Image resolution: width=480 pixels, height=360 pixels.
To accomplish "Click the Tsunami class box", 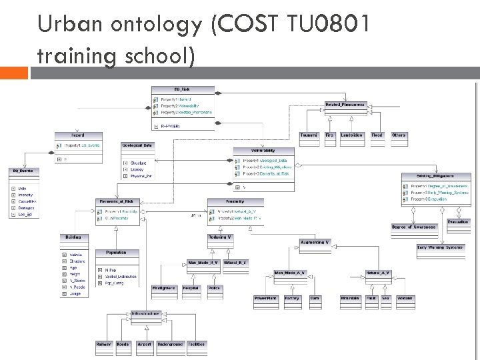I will coord(309,135).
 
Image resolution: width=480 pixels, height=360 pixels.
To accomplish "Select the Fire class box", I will coord(330,135).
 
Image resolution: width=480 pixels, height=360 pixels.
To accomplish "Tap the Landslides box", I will coord(351,135).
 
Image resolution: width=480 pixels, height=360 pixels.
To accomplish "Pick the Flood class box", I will coord(377,135).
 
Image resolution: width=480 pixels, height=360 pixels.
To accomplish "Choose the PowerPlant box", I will coord(266,298).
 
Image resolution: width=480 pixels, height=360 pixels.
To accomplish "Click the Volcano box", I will coord(405,298).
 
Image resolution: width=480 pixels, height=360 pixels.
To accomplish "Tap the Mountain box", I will coord(350,298).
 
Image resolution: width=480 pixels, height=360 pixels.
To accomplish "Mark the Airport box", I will coord(143,345).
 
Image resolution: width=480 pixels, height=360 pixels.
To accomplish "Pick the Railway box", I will coord(103,345).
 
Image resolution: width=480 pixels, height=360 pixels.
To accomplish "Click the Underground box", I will coord(170,345).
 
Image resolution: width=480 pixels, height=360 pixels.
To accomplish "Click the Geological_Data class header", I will coord(138,145).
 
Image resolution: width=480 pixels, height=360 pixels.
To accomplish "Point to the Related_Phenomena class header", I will coord(345,105).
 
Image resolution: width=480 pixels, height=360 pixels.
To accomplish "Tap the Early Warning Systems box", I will coord(440,247).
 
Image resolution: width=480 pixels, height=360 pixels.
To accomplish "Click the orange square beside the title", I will coord(14,72).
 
